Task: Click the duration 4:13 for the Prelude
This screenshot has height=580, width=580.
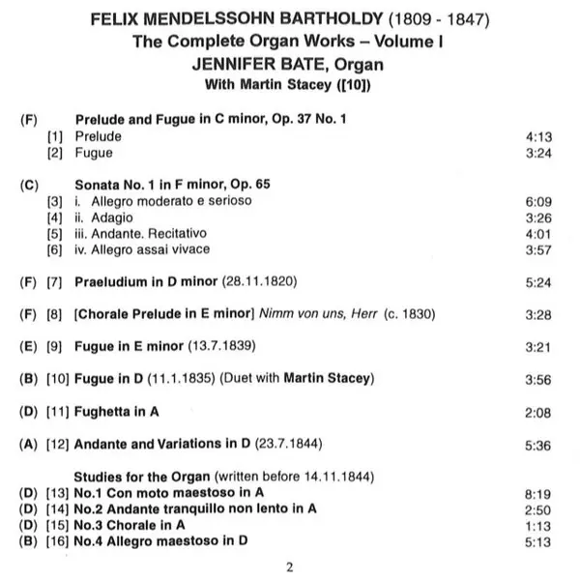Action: tap(537, 136)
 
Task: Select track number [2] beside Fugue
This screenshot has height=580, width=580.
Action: tap(55, 153)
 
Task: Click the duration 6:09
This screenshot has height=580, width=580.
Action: tap(537, 200)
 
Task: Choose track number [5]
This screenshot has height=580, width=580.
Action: tap(55, 233)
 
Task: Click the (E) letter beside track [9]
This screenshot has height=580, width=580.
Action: tap(28, 347)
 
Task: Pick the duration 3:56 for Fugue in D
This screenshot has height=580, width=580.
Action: tap(537, 380)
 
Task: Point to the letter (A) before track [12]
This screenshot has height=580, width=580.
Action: tap(28, 445)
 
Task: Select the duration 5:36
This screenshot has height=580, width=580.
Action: tap(537, 445)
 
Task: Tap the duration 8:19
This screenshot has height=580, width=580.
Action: tap(537, 492)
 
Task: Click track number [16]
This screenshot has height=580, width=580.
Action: tap(55, 541)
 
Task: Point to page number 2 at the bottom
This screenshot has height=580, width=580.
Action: tap(290, 565)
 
